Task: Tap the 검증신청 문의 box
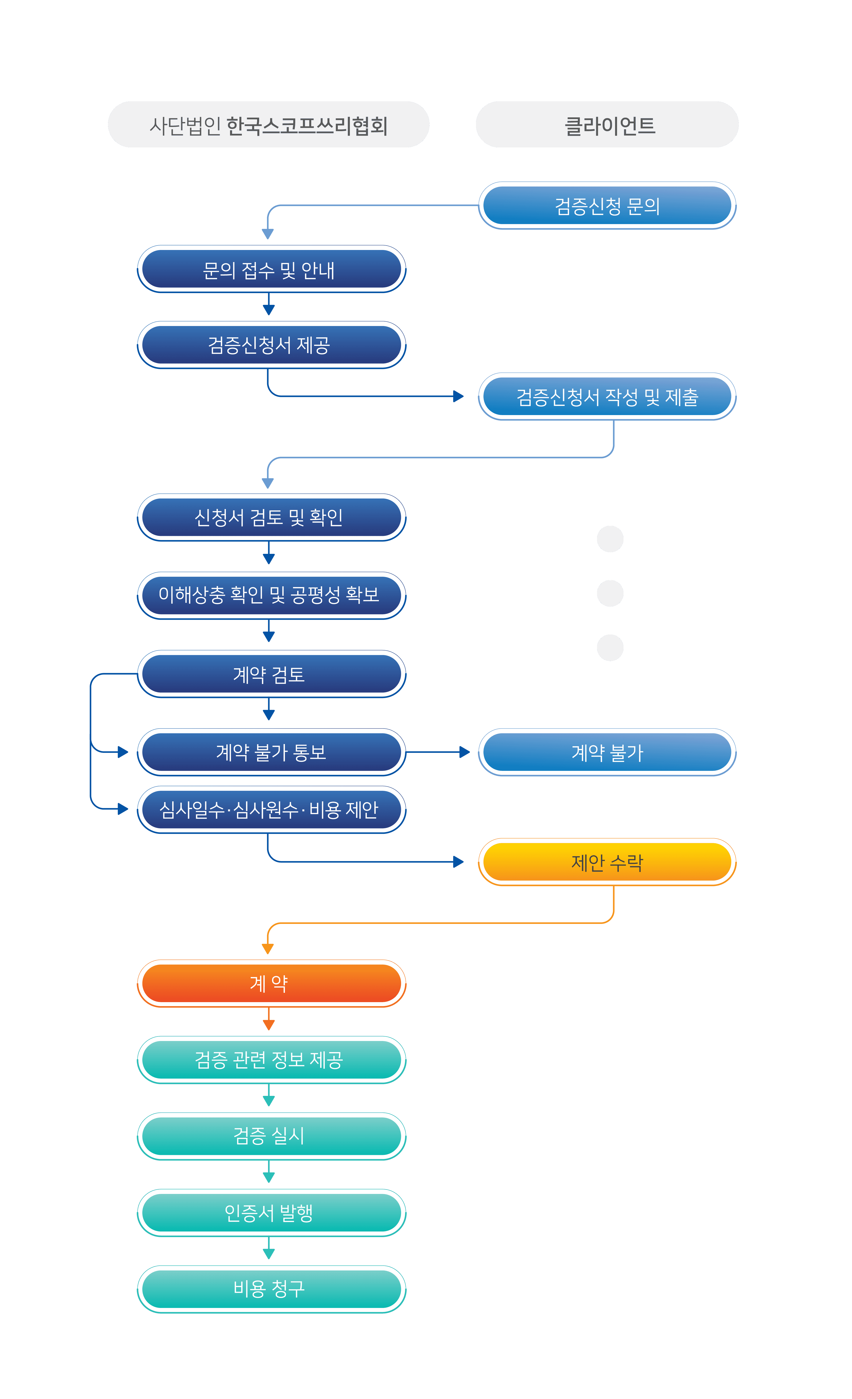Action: [607, 205]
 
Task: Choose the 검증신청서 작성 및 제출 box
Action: [607, 396]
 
